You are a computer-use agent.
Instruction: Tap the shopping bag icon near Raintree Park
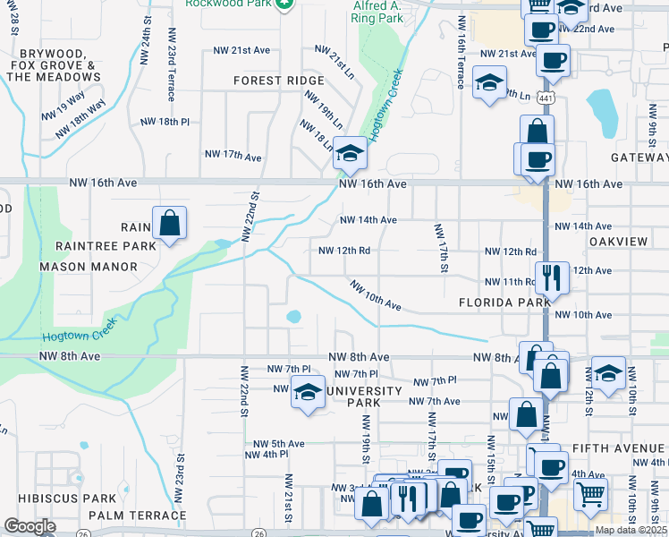click(x=168, y=225)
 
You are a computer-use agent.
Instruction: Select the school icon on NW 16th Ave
click(x=350, y=156)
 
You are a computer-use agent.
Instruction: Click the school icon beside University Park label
click(x=308, y=393)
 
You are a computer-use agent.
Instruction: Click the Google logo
click(x=30, y=526)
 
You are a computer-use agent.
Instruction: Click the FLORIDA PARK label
click(x=504, y=303)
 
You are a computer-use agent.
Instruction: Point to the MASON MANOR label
click(x=89, y=267)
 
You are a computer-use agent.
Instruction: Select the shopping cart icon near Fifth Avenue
click(x=590, y=492)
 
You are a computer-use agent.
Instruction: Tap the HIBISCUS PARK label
click(x=60, y=498)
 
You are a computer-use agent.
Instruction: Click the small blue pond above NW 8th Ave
click(x=293, y=317)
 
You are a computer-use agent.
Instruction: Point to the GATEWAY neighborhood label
click(x=639, y=158)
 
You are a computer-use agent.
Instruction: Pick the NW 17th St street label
click(x=442, y=247)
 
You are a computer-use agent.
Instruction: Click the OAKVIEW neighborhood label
click(x=618, y=242)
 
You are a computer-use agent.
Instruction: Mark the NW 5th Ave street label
click(x=279, y=443)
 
